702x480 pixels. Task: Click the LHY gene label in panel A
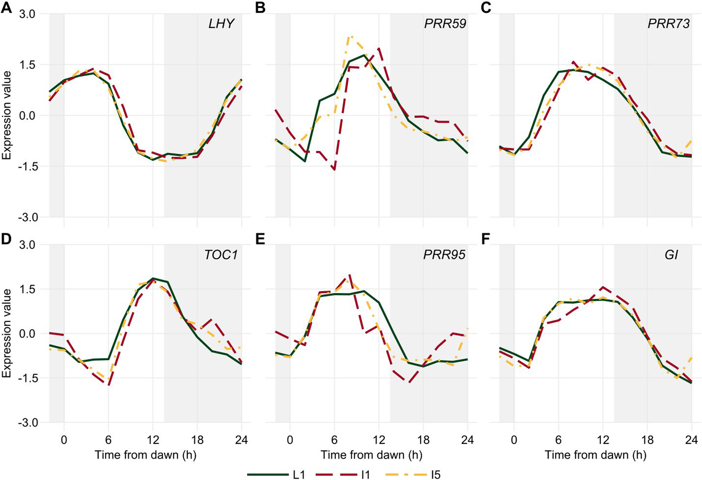click(x=221, y=24)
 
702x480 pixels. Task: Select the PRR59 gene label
click(x=445, y=24)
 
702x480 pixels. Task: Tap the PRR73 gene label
click(x=669, y=24)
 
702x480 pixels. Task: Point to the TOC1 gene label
click(x=221, y=255)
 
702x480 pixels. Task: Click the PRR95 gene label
click(x=444, y=255)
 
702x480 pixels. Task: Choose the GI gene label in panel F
click(x=671, y=255)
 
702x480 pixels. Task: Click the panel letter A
click(x=6, y=7)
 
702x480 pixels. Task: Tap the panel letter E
click(x=260, y=239)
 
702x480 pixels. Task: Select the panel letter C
click(x=486, y=7)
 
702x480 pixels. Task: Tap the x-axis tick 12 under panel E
click(x=379, y=440)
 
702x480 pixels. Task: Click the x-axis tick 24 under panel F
click(x=691, y=440)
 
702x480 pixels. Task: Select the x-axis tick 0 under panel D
click(x=64, y=440)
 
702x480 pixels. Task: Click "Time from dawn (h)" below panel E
click(x=371, y=455)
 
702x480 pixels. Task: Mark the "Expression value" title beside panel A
click(x=7, y=115)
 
